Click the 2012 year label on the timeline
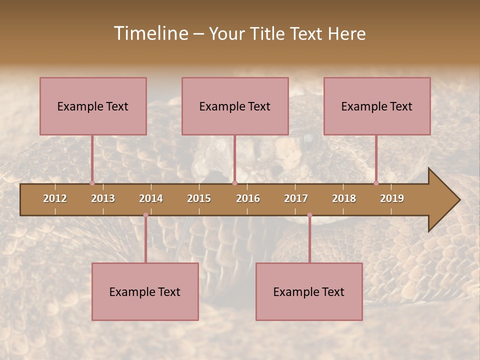tap(55, 198)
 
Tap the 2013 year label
tap(103, 198)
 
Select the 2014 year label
tap(151, 198)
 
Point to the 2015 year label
tap(199, 198)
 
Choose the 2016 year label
tap(248, 198)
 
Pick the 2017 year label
tap(296, 198)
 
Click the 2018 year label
tap(344, 198)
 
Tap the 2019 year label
tap(392, 198)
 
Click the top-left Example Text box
tap(93, 106)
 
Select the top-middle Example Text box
tap(235, 106)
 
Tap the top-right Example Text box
tap(377, 106)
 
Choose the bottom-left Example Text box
tap(145, 291)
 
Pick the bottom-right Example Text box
tap(309, 291)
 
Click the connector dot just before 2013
tap(92, 183)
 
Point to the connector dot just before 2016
tap(235, 183)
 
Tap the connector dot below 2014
tap(145, 215)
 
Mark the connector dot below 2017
tap(309, 215)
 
